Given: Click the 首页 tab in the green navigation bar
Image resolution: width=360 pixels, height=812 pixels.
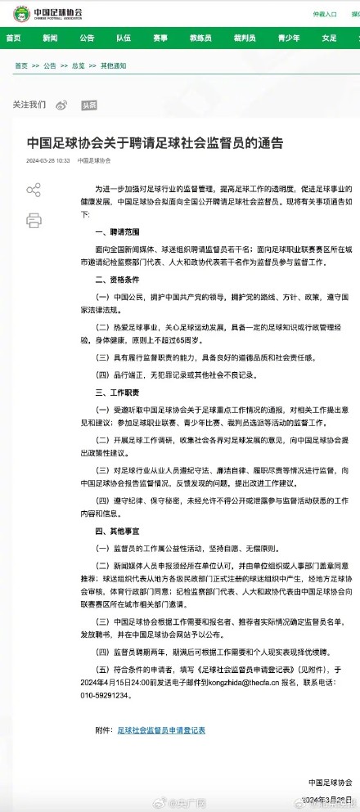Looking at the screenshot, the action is (15, 38).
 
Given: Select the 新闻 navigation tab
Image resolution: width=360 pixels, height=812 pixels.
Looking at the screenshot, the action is (50, 38).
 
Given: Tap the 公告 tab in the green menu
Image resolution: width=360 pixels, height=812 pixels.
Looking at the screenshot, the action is (87, 38).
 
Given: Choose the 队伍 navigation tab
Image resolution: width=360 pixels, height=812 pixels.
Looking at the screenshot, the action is (124, 38).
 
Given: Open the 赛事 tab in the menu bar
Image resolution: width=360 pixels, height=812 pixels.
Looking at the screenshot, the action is (160, 38).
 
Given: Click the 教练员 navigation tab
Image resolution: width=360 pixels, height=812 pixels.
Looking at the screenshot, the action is (201, 38).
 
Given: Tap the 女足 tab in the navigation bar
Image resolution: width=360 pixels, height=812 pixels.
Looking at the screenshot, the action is (329, 38).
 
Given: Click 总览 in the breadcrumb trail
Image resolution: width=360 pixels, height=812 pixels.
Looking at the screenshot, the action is (79, 65).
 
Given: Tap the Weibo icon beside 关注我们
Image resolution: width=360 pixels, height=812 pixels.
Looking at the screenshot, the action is (62, 105).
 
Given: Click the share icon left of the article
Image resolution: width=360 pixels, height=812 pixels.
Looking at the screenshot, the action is (34, 191).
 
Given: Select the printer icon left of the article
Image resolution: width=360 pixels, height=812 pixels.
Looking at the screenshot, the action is (34, 220).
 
